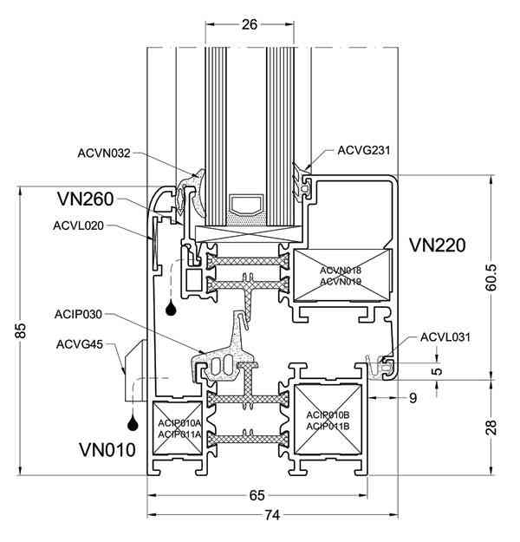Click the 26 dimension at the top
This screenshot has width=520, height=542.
[250, 24]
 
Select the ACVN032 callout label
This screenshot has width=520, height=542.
[104, 153]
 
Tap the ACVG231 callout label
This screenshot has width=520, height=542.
[364, 150]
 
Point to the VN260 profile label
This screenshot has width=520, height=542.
[85, 199]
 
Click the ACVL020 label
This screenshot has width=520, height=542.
[78, 225]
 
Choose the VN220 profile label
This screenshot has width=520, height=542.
[438, 245]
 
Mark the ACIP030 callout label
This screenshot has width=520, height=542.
[78, 315]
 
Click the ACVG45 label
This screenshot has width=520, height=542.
[80, 344]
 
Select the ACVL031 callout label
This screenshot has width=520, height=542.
[445, 337]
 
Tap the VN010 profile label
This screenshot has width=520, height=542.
[107, 450]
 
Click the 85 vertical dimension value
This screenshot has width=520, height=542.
[22, 330]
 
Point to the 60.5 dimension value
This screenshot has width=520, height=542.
[491, 278]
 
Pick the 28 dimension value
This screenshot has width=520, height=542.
[491, 428]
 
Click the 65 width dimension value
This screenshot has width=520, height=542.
[257, 495]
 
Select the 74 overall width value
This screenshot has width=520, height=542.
[272, 515]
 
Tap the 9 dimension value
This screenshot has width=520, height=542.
[413, 398]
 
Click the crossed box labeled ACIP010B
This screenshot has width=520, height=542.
[328, 420]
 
